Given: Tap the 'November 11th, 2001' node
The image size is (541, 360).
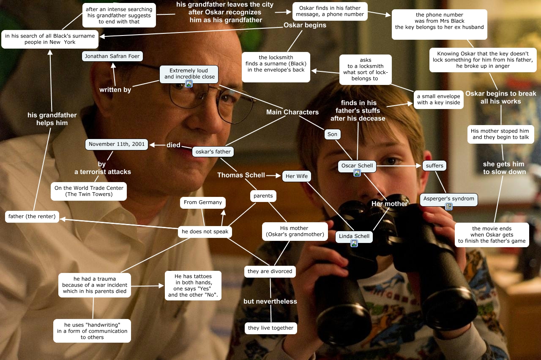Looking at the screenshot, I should click(x=117, y=144).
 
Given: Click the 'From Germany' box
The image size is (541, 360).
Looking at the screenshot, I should click(x=203, y=202).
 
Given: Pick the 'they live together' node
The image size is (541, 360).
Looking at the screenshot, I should click(x=270, y=328).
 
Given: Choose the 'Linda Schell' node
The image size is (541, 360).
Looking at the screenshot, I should click(x=354, y=236).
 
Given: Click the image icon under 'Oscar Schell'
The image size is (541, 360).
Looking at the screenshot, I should click(x=357, y=173).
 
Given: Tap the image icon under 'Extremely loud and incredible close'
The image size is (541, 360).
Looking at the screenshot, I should click(x=189, y=84).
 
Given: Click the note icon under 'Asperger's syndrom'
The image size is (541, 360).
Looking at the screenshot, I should click(x=449, y=207).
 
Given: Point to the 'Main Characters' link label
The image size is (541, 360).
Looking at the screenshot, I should click(x=292, y=112).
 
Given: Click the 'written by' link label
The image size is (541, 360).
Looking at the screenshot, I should click(x=115, y=90).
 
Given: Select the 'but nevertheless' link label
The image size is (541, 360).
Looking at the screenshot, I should click(x=270, y=301).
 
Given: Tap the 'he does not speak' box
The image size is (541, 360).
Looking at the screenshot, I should click(x=205, y=232).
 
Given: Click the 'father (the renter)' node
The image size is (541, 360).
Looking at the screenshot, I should click(x=32, y=216).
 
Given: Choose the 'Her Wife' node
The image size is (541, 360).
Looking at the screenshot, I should click(x=296, y=176).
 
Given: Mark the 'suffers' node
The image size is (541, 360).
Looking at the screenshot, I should click(x=434, y=166).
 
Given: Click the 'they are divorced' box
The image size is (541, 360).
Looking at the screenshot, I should click(x=270, y=271).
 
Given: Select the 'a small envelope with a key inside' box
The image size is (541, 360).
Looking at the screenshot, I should click(x=438, y=100).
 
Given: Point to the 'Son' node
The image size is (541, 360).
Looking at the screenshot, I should click(x=333, y=134).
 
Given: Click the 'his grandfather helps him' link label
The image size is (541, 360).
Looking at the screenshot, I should click(x=52, y=119).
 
